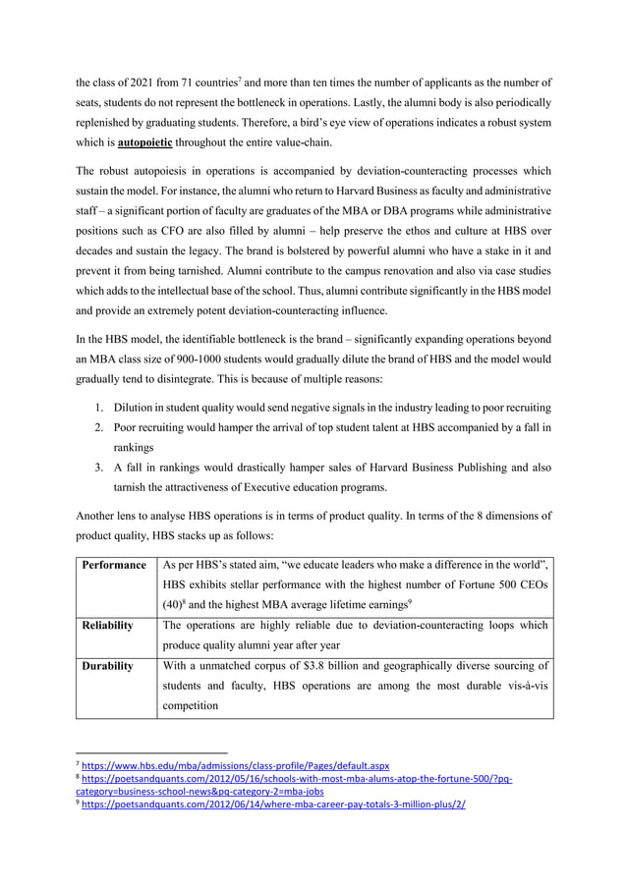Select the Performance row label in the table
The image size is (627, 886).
click(114, 565)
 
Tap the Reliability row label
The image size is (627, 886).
click(107, 625)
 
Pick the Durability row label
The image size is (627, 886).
click(107, 666)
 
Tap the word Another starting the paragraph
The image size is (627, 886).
click(99, 515)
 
